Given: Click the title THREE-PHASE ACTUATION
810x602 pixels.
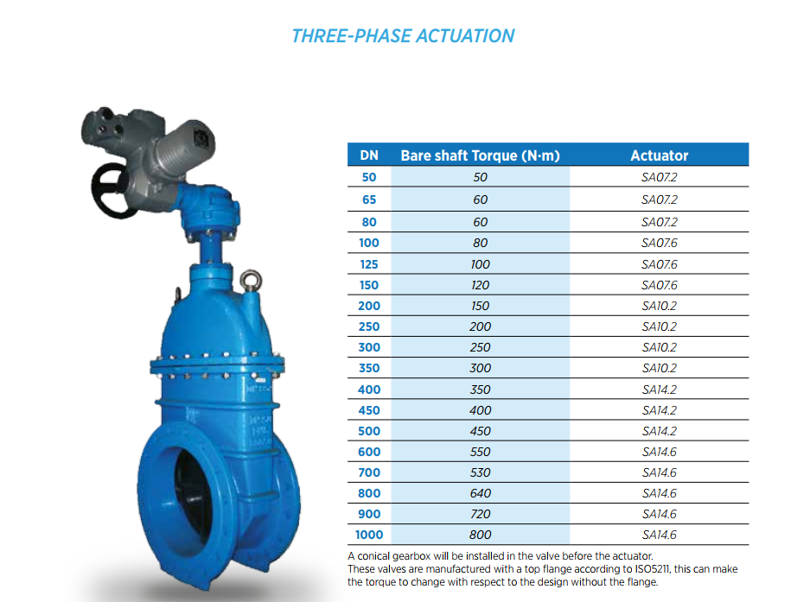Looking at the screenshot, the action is pos(403,36).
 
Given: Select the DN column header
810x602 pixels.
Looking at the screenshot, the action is pos(369,155).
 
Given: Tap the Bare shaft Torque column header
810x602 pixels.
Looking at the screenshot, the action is pos(480,155).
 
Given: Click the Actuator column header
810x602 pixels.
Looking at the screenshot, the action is pos(660,155).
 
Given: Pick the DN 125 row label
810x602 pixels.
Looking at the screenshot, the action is pos(369,264).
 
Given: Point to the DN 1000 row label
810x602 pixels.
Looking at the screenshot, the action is pos(369,535).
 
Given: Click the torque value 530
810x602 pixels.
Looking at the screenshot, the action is pos(480,472).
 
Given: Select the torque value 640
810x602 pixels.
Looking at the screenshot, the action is pos(480,493).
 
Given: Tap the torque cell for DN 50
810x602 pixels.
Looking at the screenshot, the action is pos(480,177).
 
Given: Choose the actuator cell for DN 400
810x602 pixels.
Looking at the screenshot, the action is pos(660,390).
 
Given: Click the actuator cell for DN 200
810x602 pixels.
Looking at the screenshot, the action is pos(660,306).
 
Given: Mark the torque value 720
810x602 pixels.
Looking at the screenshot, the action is pos(480,514).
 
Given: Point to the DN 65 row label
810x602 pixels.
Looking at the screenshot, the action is pos(369,200).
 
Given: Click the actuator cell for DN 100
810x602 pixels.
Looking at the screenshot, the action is pos(660,243).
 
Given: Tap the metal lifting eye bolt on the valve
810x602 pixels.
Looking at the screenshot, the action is pos(251,281).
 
